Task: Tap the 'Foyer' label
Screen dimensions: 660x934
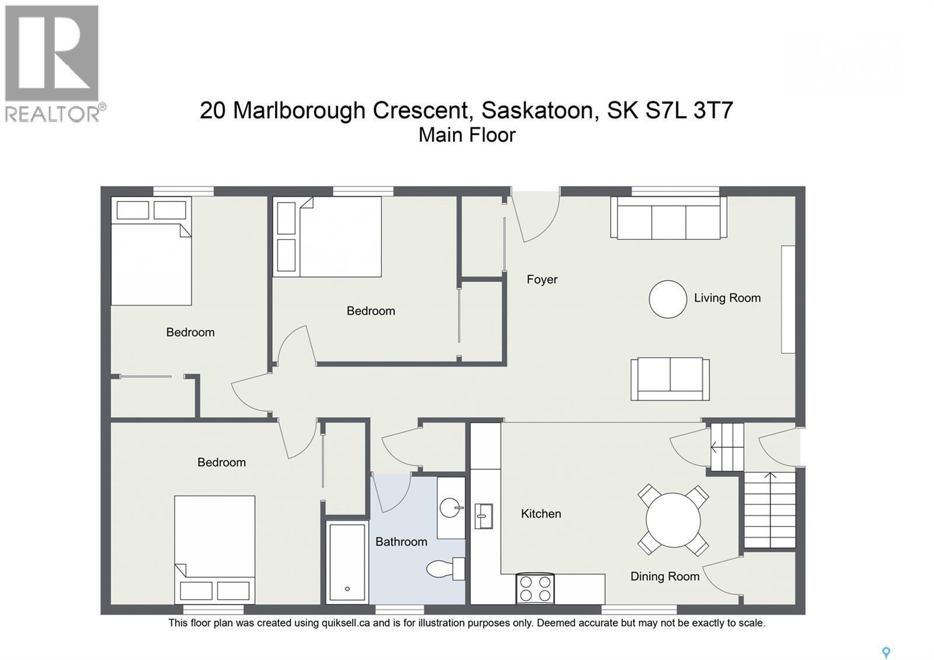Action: (542, 280)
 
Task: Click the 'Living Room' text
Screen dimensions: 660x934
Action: (727, 298)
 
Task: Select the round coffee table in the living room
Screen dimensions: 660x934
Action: (668, 299)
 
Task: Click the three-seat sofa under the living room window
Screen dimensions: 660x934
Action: (668, 218)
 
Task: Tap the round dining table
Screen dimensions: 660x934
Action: (673, 520)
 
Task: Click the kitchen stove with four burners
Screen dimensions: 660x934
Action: (535, 588)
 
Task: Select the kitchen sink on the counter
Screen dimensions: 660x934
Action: (483, 516)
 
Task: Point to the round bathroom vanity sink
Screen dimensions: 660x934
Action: (451, 508)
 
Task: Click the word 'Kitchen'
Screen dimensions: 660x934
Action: (541, 514)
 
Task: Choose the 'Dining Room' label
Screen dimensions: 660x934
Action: (664, 576)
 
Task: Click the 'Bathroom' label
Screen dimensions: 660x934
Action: (401, 542)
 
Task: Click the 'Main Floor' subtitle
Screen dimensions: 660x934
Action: (467, 135)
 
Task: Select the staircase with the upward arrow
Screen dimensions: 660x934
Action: (770, 510)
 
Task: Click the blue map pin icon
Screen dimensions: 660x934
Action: (886, 652)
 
